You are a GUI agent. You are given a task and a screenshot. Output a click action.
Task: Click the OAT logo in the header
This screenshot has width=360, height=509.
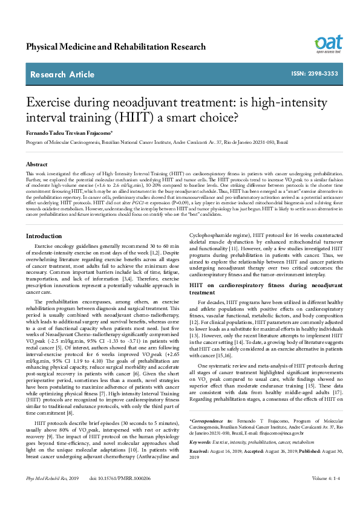pos(329,44)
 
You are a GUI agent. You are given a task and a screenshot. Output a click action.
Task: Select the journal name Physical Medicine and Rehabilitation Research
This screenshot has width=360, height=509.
pos(116,47)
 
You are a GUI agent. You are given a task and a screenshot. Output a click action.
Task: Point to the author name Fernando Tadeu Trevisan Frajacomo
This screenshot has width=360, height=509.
pos(69,132)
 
